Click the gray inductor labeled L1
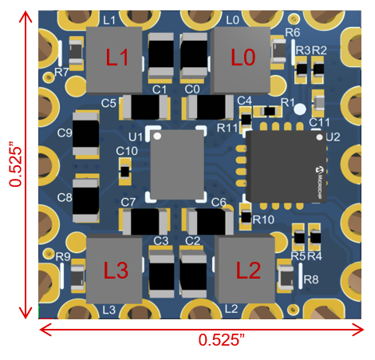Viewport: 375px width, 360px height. click(113, 58)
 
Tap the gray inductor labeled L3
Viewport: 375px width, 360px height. click(115, 270)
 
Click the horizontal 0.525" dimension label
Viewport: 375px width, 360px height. click(220, 339)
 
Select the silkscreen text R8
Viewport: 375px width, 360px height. click(311, 279)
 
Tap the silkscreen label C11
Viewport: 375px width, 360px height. click(319, 122)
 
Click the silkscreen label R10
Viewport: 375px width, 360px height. click(263, 219)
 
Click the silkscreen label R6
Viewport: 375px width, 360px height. click(292, 33)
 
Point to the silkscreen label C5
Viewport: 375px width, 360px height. click(109, 103)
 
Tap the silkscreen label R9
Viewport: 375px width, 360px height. click(63, 256)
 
